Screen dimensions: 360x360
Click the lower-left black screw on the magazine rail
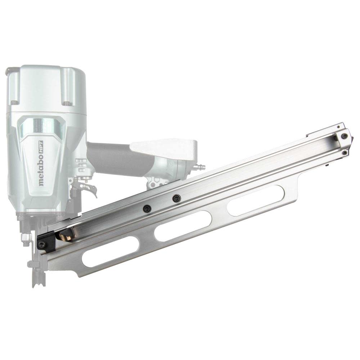(147, 209)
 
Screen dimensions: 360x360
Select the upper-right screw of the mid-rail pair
(176, 198)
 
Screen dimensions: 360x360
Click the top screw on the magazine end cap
(345, 136)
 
